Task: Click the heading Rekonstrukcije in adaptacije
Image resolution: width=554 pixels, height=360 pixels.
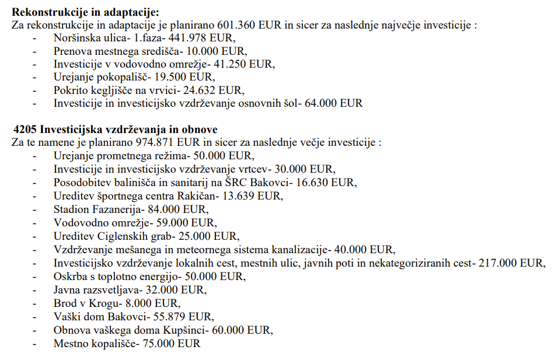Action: pos(85,12)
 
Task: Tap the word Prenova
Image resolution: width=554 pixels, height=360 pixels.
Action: pos(72,51)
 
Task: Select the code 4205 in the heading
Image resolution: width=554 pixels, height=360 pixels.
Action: pos(25,130)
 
